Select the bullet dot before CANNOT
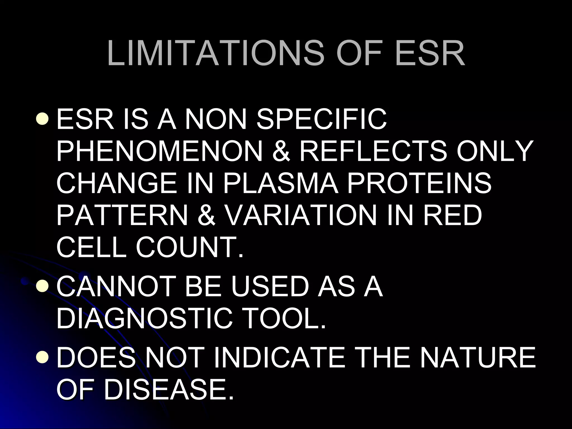(42, 286)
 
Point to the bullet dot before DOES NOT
(42, 357)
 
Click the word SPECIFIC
(321, 119)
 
